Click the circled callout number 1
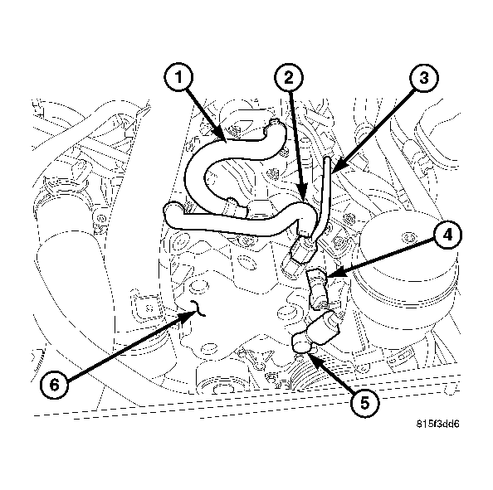[x=177, y=80]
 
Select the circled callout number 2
[x=288, y=80]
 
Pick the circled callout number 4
[x=447, y=235]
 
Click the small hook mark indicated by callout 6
[x=195, y=311]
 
